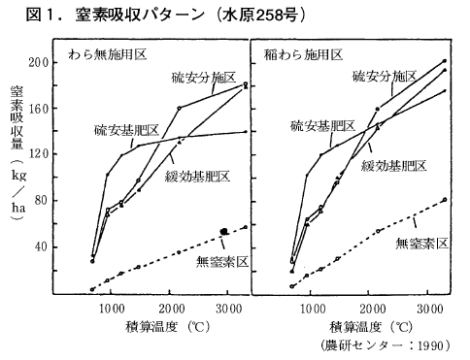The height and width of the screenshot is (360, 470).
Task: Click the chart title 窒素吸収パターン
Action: pos(140,16)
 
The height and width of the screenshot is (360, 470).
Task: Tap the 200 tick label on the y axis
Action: pos(39,62)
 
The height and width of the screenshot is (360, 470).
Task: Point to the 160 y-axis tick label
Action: pos(39,108)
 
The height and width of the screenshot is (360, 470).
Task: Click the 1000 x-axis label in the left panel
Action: pos(112,309)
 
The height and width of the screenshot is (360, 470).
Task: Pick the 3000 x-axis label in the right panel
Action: pos(429,309)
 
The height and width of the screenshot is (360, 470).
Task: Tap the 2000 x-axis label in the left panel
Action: pos(171,309)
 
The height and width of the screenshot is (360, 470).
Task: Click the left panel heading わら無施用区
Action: pos(108,54)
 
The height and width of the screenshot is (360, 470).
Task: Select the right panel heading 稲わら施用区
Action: pos(303,54)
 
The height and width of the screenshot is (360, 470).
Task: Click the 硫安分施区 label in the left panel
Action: pos(204,78)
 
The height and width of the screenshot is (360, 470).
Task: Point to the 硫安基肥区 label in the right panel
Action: pos(322,125)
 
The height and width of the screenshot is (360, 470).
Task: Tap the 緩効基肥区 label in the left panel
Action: pos(197,177)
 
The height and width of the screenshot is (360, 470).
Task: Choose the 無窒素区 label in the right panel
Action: pos(421,244)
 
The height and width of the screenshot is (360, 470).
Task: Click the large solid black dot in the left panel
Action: pos(224,231)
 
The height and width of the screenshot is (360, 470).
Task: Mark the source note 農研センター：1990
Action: pos(386,345)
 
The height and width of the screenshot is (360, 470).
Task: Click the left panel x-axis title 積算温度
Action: pos(152,327)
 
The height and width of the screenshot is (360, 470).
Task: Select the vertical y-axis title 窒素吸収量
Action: pos(17,117)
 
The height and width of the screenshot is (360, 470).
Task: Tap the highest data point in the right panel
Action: pos(445,61)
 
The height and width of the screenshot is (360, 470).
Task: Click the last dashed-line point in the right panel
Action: pos(445,200)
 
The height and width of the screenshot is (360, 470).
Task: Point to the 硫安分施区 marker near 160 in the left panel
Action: pos(179,108)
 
